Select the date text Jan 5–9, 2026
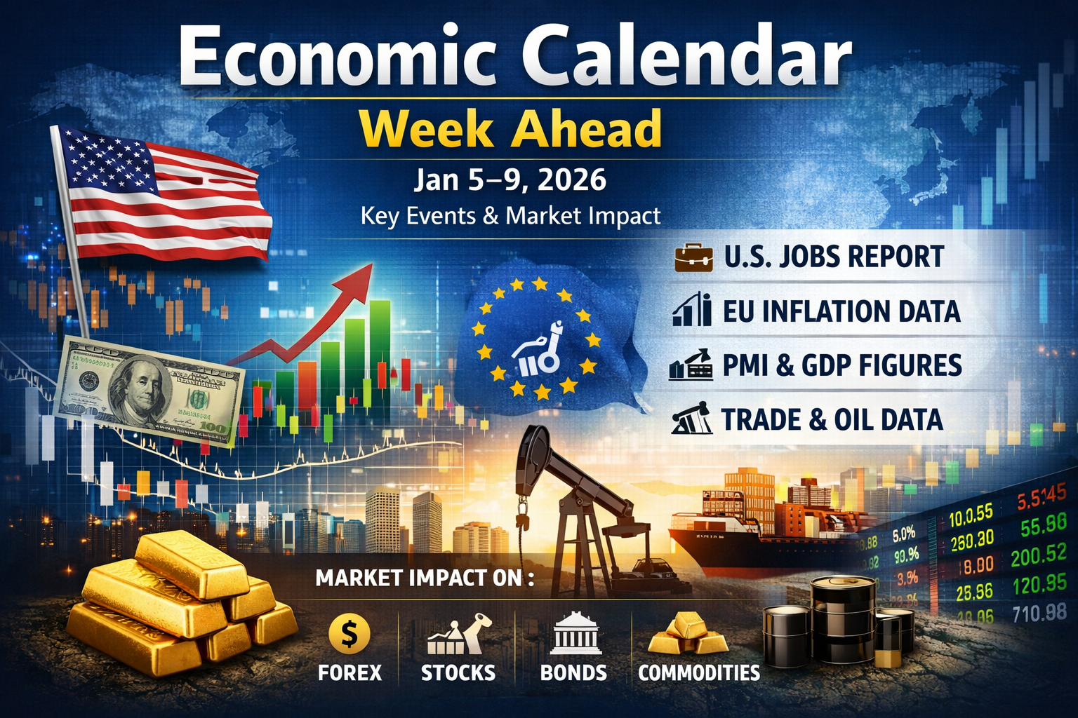coord(510,180)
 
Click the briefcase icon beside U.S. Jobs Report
coord(693,257)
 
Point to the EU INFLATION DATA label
coord(841,311)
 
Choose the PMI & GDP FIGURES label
coord(842,366)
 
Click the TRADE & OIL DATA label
coord(832,420)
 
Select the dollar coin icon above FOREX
coord(349,634)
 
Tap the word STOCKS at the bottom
coord(458,673)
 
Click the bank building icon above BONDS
coord(573,633)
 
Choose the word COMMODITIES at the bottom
coord(699,673)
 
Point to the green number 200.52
coord(1038,556)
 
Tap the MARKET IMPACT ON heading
coord(425,578)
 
